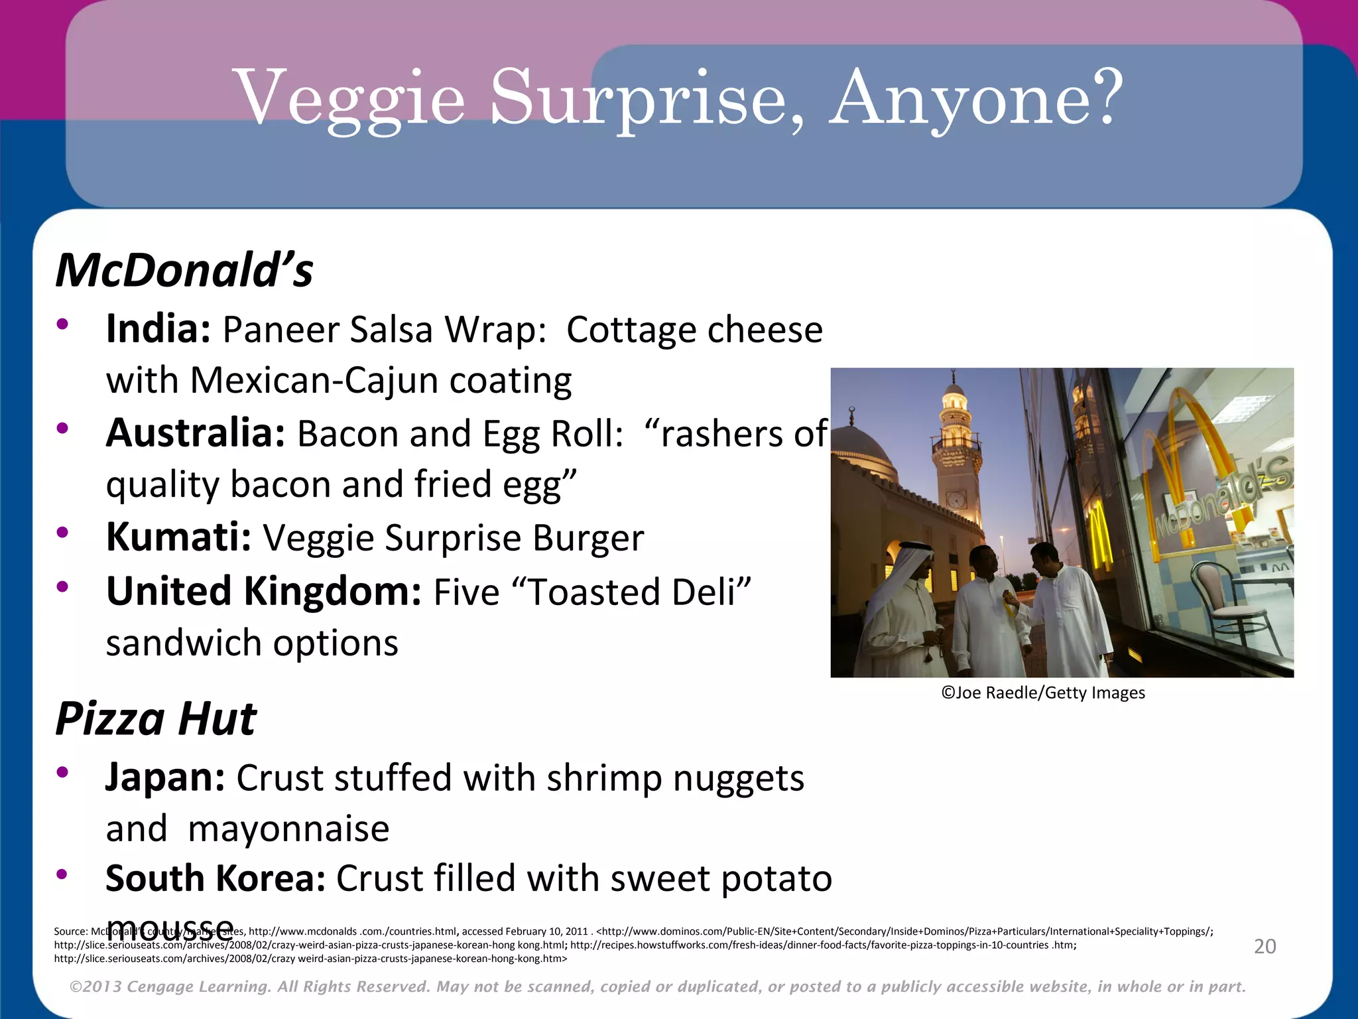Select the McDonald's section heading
(184, 271)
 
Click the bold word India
(158, 329)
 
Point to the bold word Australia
(196, 433)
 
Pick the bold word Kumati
(178, 537)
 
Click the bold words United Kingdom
(263, 591)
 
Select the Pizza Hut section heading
(156, 718)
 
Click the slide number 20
(1265, 946)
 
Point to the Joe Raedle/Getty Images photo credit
(1043, 693)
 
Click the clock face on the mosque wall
(956, 499)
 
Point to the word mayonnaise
(288, 829)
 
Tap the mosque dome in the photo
(862, 451)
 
